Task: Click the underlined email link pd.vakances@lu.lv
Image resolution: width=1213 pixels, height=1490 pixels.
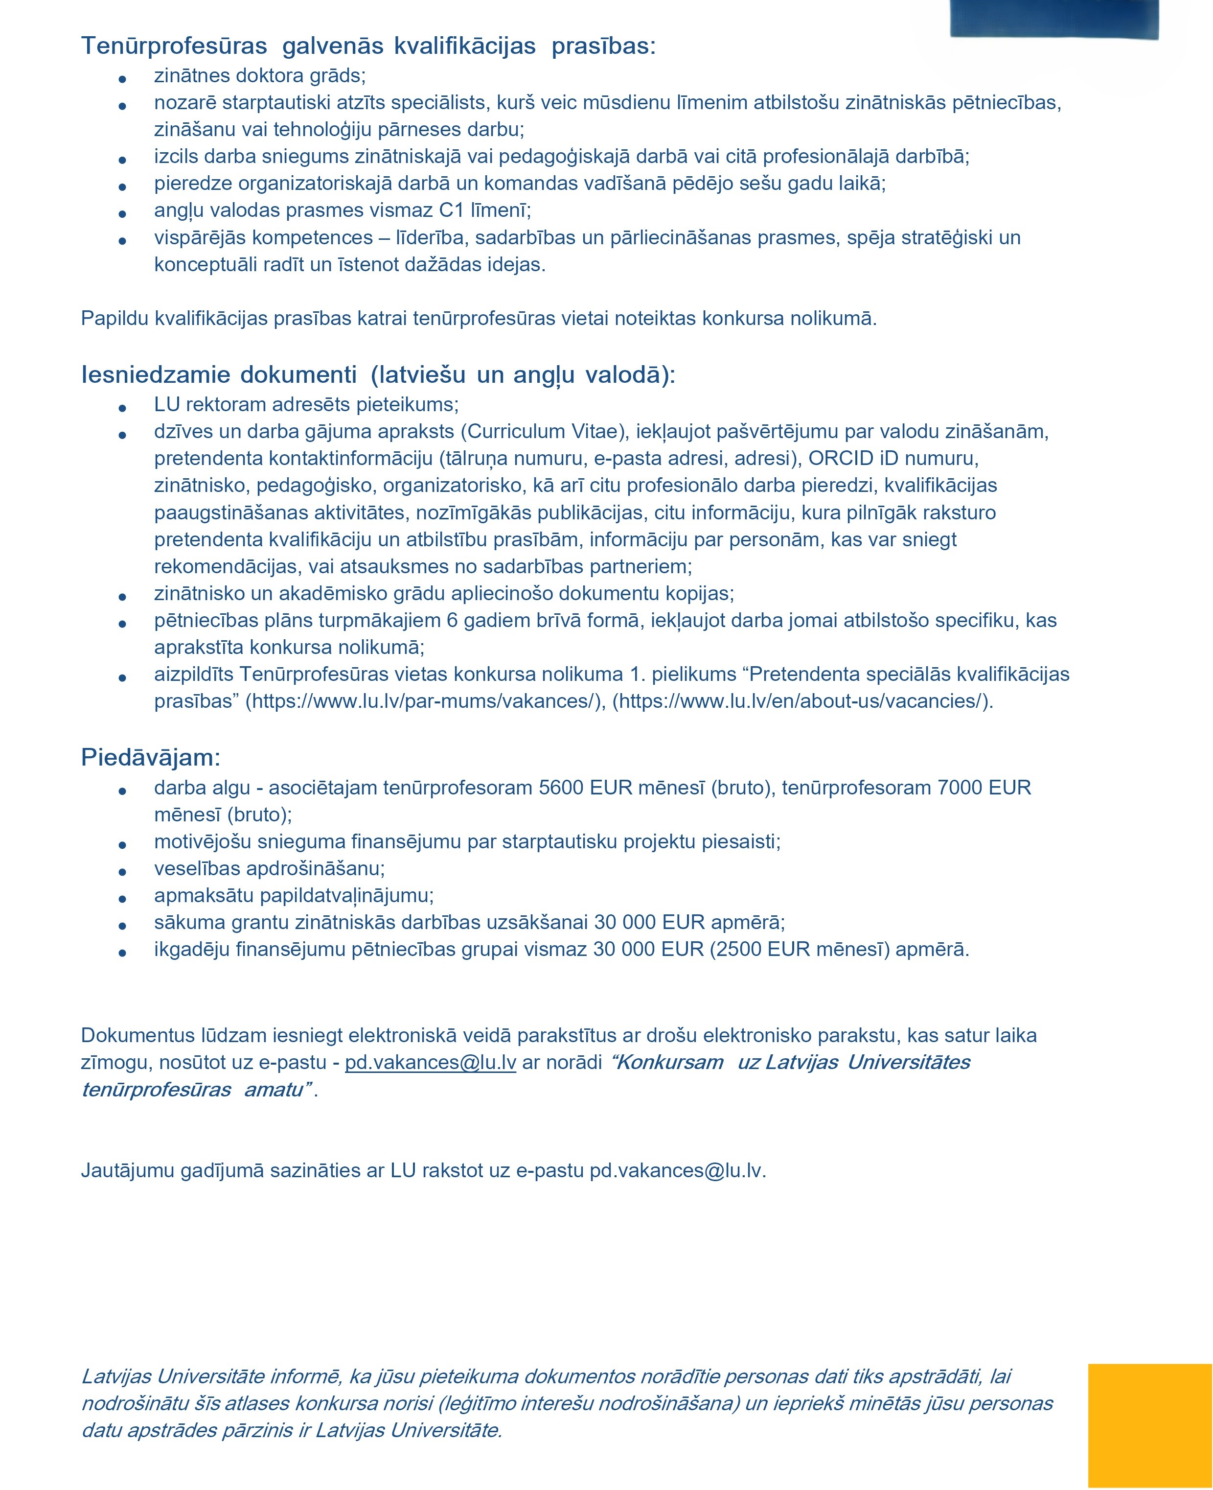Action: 431,1062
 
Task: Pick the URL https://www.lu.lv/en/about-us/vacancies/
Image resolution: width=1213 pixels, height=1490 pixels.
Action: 801,701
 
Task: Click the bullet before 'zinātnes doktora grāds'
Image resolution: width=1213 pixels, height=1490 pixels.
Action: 122,79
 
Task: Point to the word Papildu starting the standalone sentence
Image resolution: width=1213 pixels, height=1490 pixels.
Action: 114,319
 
